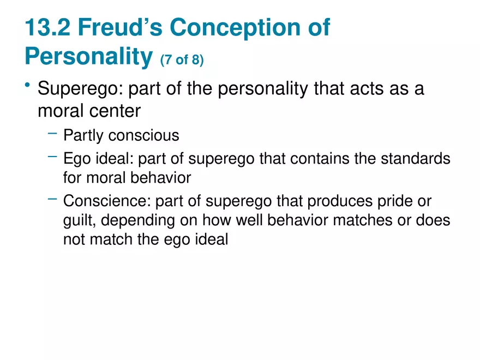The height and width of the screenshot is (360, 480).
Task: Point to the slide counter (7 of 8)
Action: [182, 59]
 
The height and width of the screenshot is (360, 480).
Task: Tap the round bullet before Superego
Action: [27, 86]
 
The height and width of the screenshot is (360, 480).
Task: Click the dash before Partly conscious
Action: [52, 133]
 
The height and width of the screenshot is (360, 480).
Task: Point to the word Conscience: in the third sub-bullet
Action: [107, 201]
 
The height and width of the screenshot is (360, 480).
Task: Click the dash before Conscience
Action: [52, 199]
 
